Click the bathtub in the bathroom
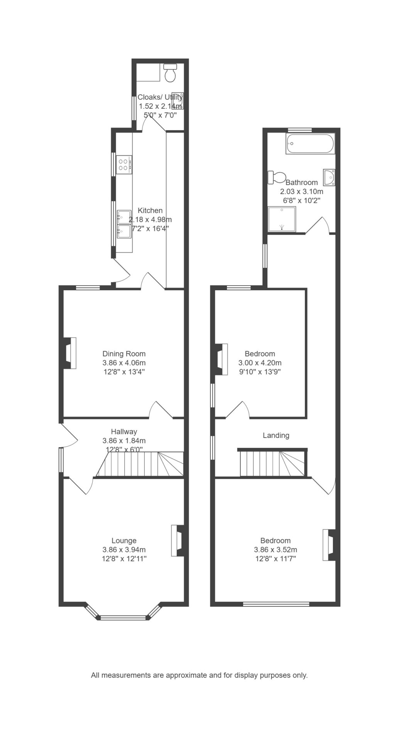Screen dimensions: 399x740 click(x=310, y=144)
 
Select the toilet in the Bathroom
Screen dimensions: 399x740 click(x=276, y=177)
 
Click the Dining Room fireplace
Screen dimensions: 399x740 click(x=68, y=353)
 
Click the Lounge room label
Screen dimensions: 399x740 click(x=124, y=541)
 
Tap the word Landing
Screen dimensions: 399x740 click(x=276, y=436)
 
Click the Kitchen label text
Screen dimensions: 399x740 click(x=150, y=210)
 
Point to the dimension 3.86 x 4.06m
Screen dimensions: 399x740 click(x=124, y=363)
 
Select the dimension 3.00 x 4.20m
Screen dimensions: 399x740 click(x=260, y=363)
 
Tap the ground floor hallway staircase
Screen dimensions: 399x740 click(x=139, y=464)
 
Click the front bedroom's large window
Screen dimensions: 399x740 click(x=276, y=604)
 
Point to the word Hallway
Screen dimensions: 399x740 click(x=124, y=432)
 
